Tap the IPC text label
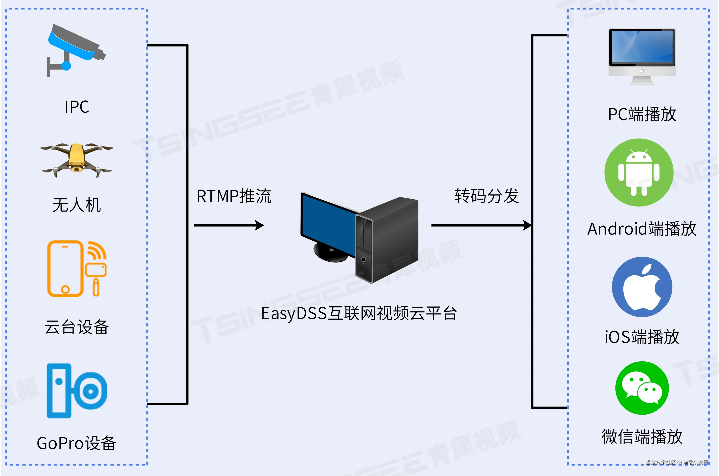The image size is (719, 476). (77, 107)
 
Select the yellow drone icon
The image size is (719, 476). (77, 159)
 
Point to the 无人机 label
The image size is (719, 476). (77, 205)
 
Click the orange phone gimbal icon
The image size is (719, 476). (77, 269)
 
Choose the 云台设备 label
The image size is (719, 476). (77, 327)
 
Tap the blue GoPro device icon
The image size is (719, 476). (77, 391)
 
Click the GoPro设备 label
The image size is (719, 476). (77, 443)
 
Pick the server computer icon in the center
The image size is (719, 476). (360, 237)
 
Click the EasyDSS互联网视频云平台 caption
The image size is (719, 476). (359, 314)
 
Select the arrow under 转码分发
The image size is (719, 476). (481, 225)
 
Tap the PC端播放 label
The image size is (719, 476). (642, 114)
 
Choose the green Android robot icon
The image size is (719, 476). (639, 172)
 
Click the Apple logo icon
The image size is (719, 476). (642, 287)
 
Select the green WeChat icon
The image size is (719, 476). (642, 388)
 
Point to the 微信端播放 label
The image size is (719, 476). (642, 437)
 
